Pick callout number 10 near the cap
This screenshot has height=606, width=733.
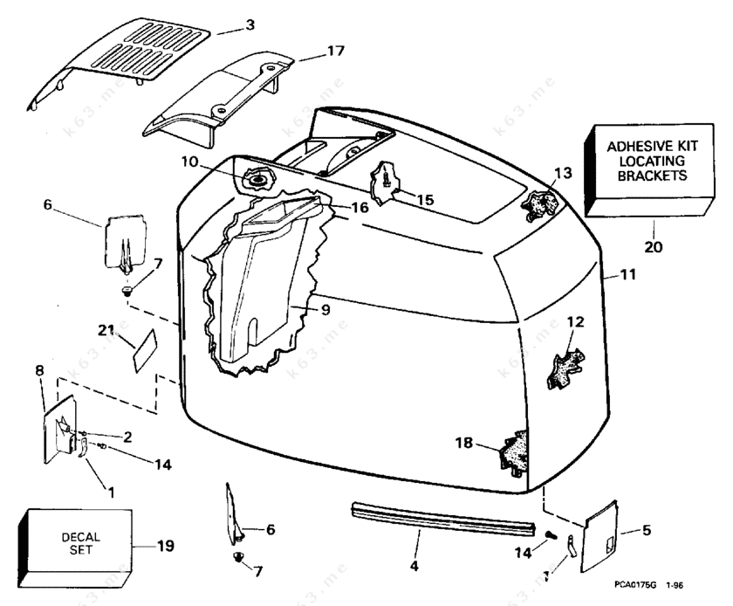point(190,162)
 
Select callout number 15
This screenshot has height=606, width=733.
point(424,200)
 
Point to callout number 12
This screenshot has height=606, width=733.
point(575,322)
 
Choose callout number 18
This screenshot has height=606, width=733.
point(464,444)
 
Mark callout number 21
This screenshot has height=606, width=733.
point(106,329)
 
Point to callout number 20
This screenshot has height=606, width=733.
point(654,246)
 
